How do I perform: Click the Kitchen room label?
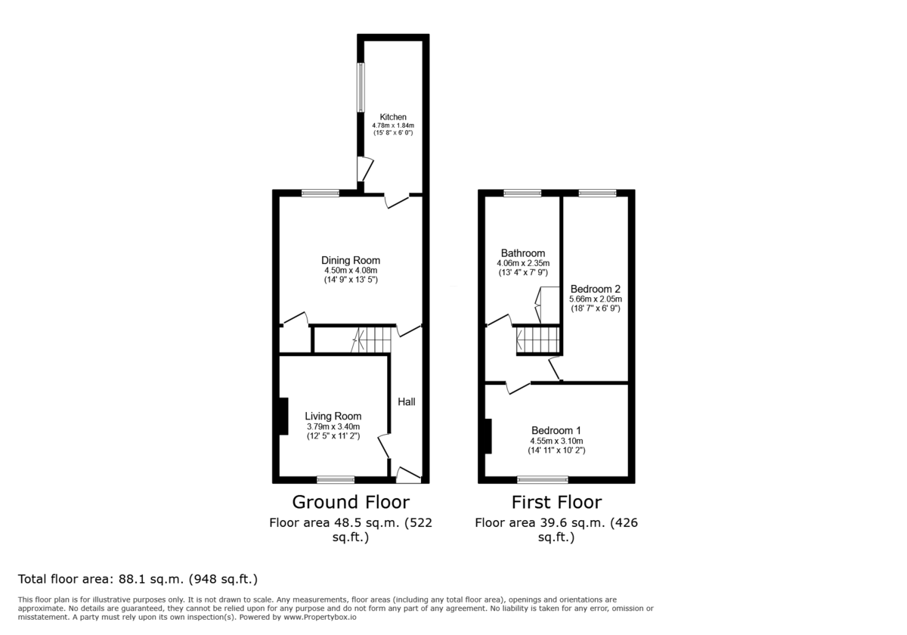click(x=394, y=117)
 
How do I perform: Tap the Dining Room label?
click(x=351, y=261)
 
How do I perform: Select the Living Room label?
click(x=333, y=416)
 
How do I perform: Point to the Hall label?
click(x=407, y=402)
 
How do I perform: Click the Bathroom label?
click(x=522, y=253)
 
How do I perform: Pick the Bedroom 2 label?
click(x=596, y=289)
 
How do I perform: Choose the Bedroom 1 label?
click(x=556, y=431)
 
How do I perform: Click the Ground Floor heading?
click(x=351, y=502)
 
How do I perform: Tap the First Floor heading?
click(x=556, y=502)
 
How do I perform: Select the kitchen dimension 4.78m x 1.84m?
click(x=394, y=125)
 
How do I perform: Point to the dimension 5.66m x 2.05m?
click(x=596, y=299)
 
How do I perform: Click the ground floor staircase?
click(x=372, y=340)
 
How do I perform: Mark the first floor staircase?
click(x=538, y=340)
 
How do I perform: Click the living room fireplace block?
click(x=283, y=416)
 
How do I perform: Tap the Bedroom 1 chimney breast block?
click(x=489, y=436)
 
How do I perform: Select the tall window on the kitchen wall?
click(x=361, y=87)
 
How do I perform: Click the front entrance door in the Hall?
click(x=408, y=475)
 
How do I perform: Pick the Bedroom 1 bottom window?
click(x=542, y=479)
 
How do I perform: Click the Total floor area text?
click(x=138, y=580)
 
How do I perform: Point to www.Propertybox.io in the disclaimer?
click(x=337, y=618)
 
